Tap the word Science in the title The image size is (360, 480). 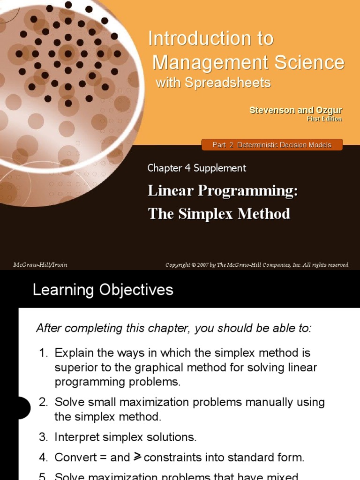(308, 62)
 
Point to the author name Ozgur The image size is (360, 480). (329, 111)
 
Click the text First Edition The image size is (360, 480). (324, 119)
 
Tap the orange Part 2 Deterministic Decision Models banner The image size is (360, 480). (272, 145)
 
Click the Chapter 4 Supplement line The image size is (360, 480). (197, 168)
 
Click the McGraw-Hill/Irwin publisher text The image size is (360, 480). (40, 265)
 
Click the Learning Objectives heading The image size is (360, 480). (103, 290)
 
